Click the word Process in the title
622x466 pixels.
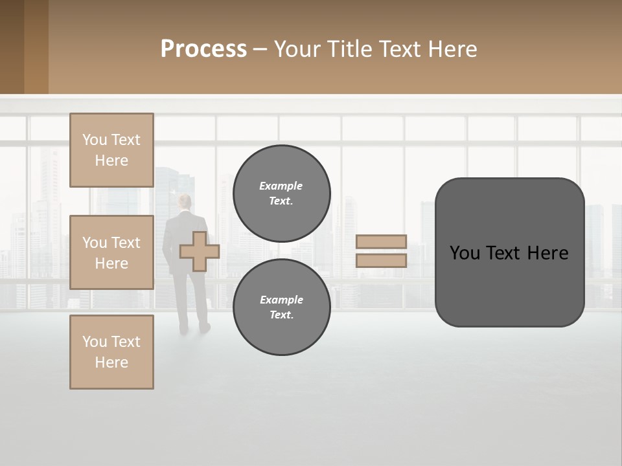click(x=203, y=49)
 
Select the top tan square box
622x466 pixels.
click(x=111, y=150)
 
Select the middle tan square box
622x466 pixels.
click(x=111, y=252)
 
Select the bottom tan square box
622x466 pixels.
click(x=111, y=352)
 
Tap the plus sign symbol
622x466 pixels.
click(x=199, y=251)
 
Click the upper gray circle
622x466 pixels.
click(x=281, y=193)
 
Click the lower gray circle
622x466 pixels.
click(x=281, y=307)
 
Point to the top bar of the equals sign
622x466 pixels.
click(x=382, y=241)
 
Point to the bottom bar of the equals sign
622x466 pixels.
click(x=382, y=260)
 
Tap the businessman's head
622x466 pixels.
click(x=186, y=203)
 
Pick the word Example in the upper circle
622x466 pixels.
click(x=281, y=186)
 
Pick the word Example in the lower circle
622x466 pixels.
click(x=281, y=300)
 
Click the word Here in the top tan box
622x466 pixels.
click(x=111, y=161)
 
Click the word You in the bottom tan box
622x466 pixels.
click(x=95, y=342)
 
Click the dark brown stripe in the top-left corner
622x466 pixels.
click(x=12, y=47)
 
